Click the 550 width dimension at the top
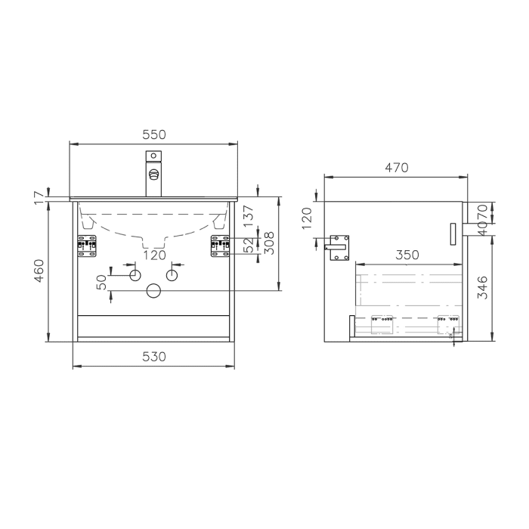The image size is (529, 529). [x=154, y=135]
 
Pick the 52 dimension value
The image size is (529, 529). [x=249, y=245]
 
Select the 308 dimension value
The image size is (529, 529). [x=266, y=243]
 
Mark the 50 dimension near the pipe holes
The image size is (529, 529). [x=101, y=282]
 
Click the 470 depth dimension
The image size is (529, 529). [x=395, y=168]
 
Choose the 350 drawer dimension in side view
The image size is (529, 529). [x=407, y=255]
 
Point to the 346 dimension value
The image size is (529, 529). [x=483, y=287]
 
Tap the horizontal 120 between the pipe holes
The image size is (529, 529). [x=154, y=255]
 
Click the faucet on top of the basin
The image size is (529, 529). [x=154, y=174]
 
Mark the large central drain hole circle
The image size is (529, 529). [x=154, y=290]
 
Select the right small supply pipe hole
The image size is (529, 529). [x=174, y=273]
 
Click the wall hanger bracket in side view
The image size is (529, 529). [x=338, y=246]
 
